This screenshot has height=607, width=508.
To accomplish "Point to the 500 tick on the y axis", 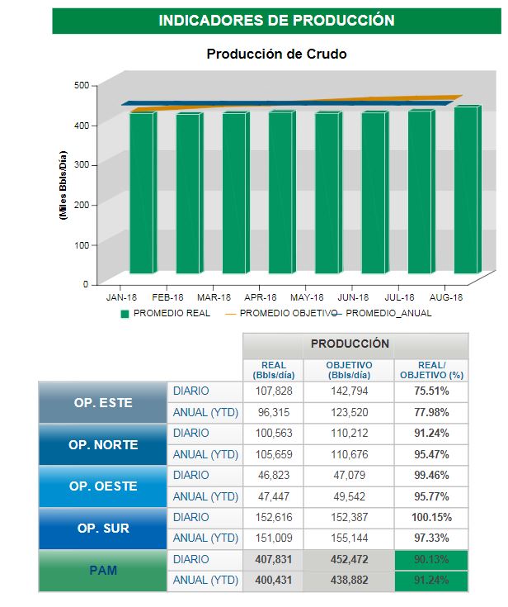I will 81,85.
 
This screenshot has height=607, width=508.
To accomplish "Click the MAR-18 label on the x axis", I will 214,296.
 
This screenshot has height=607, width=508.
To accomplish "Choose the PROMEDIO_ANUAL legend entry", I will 393,314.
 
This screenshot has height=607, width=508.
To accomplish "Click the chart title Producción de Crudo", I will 276,55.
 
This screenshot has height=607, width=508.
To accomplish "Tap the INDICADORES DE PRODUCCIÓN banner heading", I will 276,21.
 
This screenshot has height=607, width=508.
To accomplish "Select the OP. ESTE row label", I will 102,402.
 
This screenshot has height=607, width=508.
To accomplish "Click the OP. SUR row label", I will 102,528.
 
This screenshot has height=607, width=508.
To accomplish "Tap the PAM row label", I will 102,570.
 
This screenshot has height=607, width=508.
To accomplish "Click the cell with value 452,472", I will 348,559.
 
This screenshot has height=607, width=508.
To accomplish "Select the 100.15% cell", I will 430,517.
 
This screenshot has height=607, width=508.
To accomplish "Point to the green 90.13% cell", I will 430,559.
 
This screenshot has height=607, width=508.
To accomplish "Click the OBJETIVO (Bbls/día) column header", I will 348,369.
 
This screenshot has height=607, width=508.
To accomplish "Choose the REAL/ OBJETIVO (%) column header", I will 430,369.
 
